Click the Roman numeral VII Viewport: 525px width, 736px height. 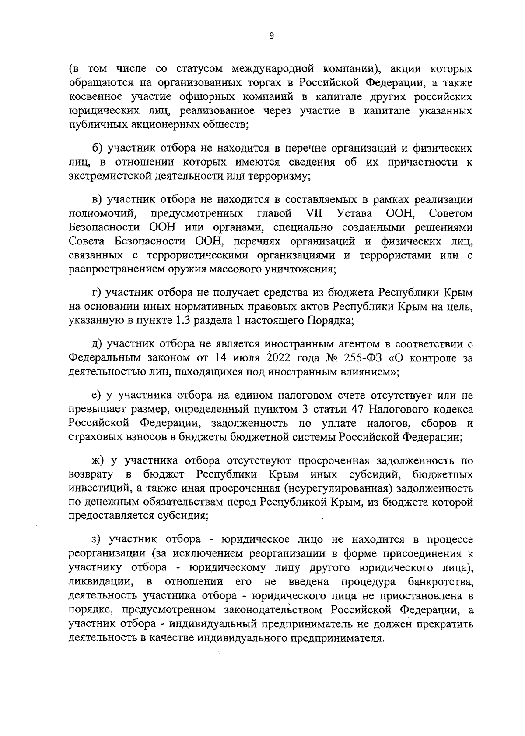click(x=311, y=214)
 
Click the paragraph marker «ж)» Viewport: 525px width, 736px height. click(x=99, y=461)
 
